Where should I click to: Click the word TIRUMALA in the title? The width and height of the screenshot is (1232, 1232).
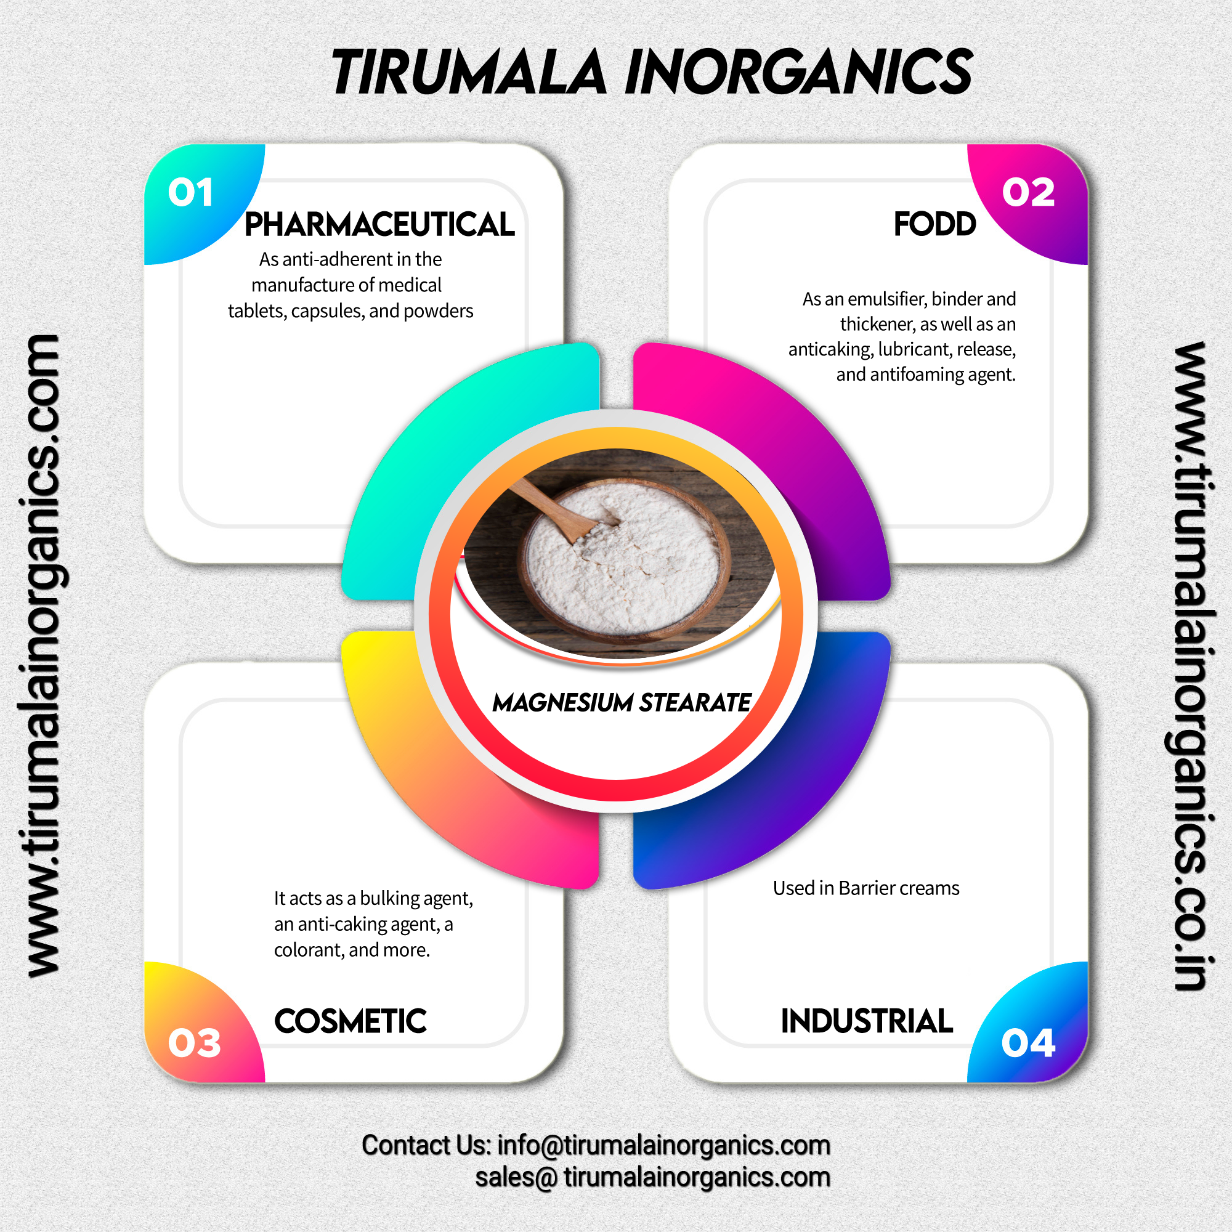[469, 72]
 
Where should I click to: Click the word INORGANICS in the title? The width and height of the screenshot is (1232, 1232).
[798, 72]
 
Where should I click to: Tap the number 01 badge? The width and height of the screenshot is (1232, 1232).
[190, 193]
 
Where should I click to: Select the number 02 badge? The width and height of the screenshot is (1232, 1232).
[1028, 193]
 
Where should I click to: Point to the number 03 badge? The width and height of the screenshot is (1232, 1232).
[194, 1044]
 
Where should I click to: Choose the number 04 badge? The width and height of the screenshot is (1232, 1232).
[1028, 1044]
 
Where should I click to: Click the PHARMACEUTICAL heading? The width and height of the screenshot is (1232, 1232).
[379, 224]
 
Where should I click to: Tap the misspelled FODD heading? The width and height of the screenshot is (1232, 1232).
[934, 224]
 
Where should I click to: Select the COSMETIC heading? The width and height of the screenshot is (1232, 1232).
[350, 1021]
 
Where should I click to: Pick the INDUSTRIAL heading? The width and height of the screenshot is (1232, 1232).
[867, 1021]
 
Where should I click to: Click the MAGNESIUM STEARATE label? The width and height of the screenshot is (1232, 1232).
[622, 703]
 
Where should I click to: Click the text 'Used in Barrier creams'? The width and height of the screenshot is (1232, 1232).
[866, 888]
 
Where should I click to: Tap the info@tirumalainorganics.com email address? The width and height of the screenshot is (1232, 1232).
[663, 1145]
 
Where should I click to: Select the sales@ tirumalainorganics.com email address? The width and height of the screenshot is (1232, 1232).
[652, 1177]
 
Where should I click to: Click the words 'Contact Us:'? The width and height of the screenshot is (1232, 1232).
[426, 1145]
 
